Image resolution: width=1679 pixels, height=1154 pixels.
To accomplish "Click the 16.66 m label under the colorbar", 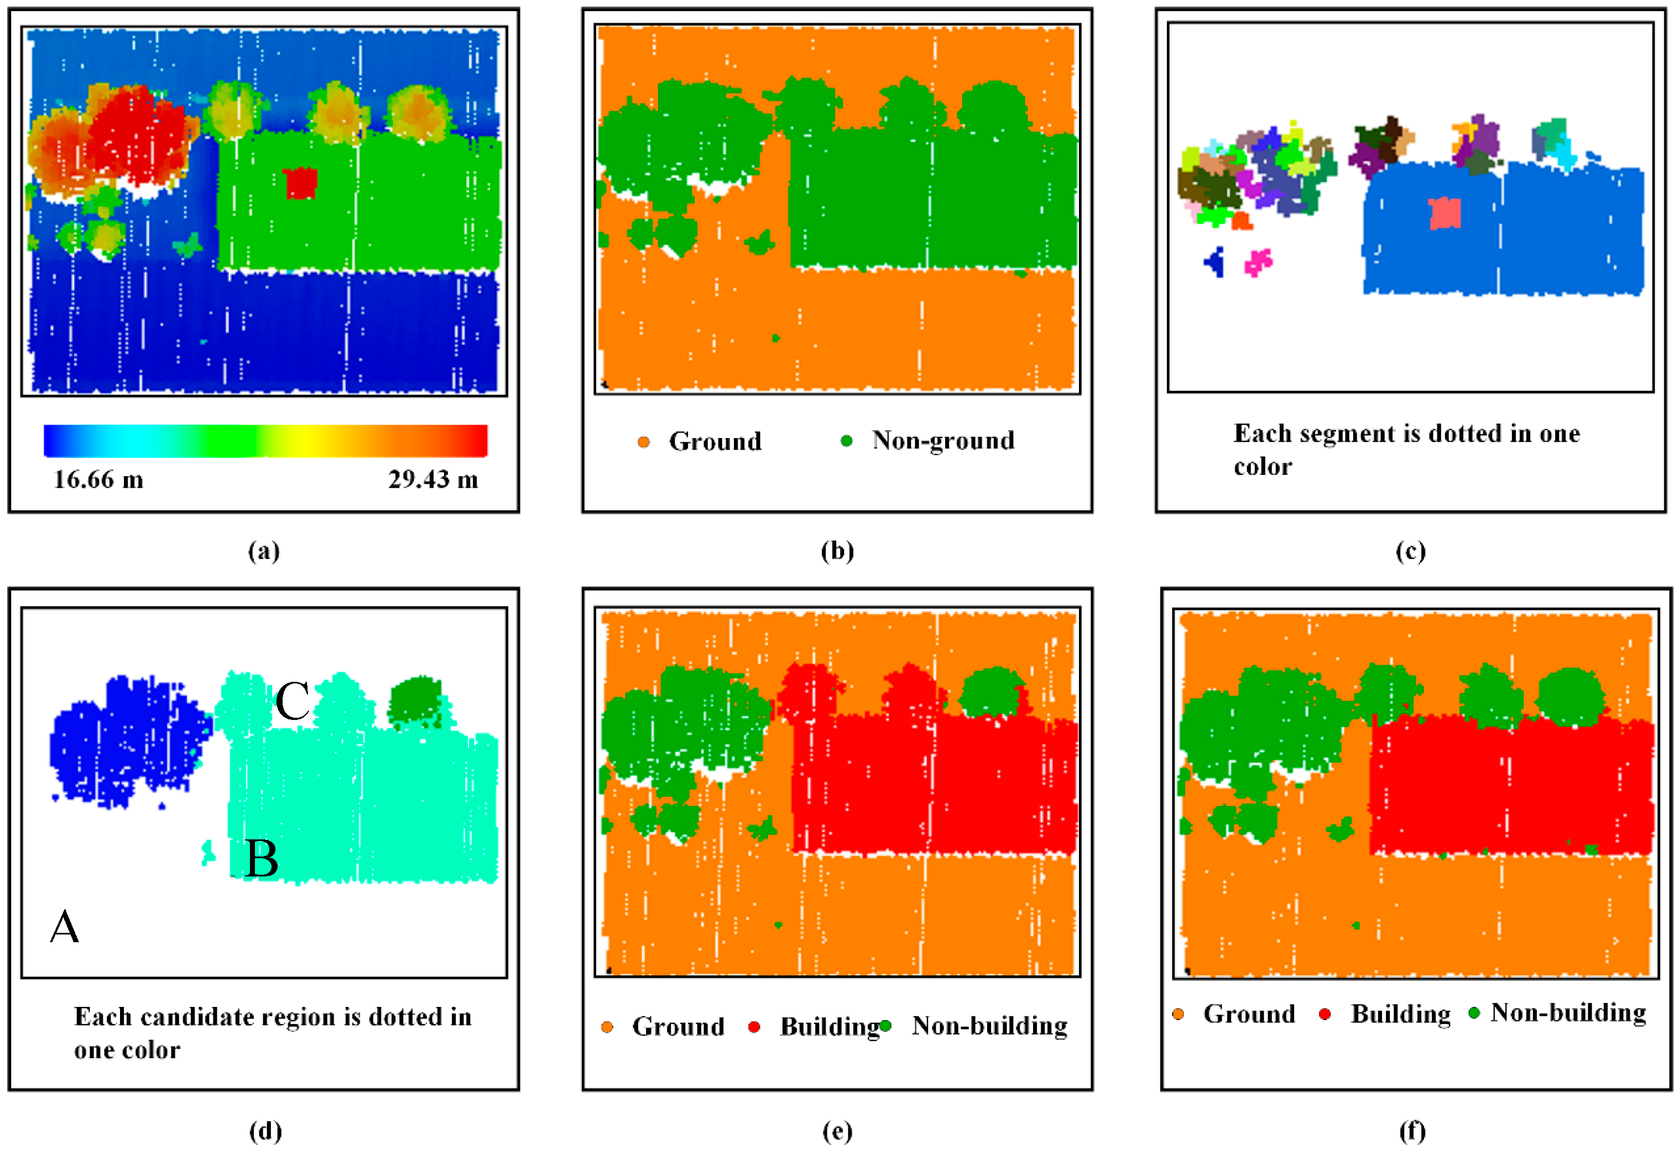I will [x=98, y=479].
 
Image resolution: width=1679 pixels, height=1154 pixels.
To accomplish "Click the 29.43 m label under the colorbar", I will [x=432, y=479].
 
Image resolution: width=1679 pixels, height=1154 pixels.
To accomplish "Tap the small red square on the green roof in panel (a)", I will [x=299, y=183].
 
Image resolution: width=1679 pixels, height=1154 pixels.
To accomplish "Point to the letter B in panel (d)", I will [x=261, y=859].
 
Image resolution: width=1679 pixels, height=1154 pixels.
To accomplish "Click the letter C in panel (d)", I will [x=292, y=701].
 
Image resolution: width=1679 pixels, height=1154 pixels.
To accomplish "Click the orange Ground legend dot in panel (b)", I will [x=643, y=442].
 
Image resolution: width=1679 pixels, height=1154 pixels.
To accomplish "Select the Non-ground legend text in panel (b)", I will [x=943, y=440].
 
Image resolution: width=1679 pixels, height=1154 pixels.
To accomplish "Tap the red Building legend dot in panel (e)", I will [x=753, y=1027].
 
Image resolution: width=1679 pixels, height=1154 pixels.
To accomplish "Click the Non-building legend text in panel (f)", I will [x=1568, y=1013].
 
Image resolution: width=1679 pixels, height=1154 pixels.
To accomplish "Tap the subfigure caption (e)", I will [x=837, y=1131].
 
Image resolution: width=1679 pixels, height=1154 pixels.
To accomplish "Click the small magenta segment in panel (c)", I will [x=1258, y=262].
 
